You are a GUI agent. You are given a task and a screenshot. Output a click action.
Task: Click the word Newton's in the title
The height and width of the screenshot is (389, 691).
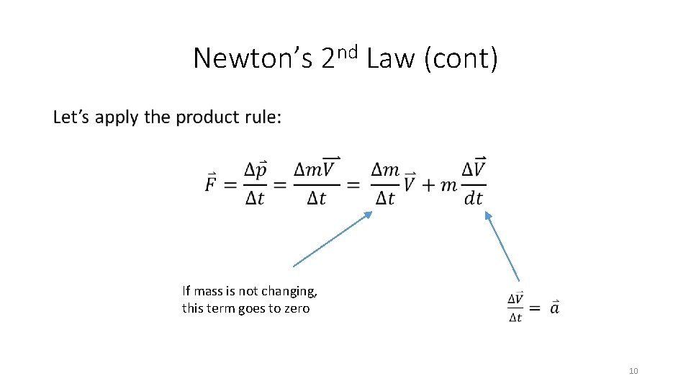pos(252,58)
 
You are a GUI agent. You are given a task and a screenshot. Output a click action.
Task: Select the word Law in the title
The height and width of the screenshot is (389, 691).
pos(391,58)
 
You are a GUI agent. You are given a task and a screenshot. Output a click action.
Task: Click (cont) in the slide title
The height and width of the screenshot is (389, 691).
pos(461,58)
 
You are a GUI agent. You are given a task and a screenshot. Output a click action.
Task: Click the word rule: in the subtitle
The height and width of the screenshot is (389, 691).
pos(262,117)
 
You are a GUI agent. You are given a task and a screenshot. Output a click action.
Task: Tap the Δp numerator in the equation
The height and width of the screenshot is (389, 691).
pos(256,170)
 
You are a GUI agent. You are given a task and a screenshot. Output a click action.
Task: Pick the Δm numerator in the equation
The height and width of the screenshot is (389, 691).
pos(385,170)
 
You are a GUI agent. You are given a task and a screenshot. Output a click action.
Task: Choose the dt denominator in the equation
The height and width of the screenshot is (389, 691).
pos(473,198)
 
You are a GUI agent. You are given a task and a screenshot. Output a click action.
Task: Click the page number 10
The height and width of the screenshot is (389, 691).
pos(633,371)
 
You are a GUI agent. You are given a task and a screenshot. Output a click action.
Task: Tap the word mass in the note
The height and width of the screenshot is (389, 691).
pos(207,291)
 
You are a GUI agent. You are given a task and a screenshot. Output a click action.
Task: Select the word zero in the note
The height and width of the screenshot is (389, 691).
pos(296,308)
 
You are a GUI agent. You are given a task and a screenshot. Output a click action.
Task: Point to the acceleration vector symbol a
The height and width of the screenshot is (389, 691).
pos(554,308)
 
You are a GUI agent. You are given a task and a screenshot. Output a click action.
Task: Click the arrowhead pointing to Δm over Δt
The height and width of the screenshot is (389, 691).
pos(369,214)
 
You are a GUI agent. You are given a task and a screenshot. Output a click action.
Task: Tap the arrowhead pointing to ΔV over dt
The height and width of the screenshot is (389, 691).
pos(487,215)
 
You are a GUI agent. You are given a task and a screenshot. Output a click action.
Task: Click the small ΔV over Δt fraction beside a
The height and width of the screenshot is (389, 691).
pos(515,308)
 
